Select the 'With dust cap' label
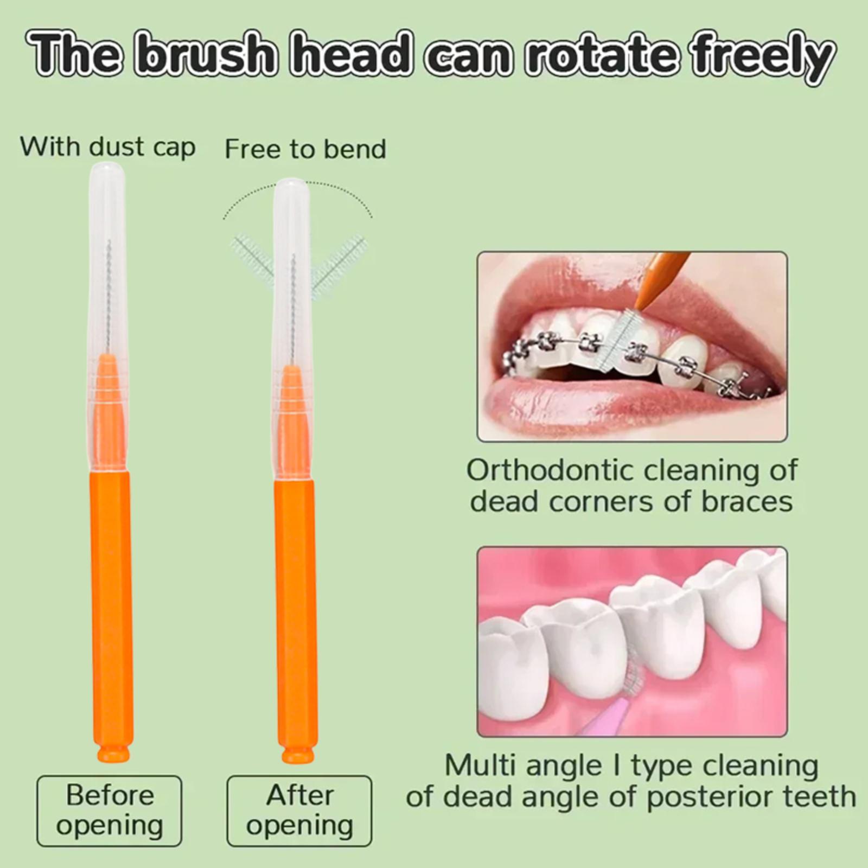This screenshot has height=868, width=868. pos(107,148)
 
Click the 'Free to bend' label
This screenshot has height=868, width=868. pos(305,149)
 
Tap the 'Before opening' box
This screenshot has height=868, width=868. pos(110,810)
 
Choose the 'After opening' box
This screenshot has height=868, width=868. pos(299,810)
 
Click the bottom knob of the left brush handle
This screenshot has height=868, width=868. pos(113,754)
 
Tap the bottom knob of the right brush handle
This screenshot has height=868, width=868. pos(297,755)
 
